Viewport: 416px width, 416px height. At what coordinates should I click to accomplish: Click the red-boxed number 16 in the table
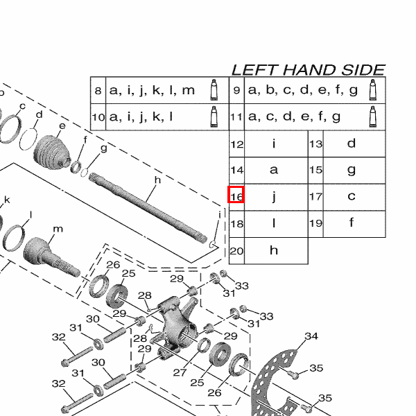[236, 196]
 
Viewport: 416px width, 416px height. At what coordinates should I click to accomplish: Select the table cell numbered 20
[236, 250]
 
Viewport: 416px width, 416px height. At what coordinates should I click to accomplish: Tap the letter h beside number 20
[274, 250]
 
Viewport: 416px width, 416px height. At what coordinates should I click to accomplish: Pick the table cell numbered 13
[315, 144]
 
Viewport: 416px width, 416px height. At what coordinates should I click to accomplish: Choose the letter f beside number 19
[352, 223]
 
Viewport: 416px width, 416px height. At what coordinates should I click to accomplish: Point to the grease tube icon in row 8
[214, 90]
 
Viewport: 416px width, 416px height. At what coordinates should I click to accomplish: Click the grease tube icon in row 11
[374, 116]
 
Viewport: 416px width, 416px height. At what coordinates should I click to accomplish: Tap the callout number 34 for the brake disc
[311, 337]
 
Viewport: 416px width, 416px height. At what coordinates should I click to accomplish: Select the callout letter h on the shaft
[157, 180]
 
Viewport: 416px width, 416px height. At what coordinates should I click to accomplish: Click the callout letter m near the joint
[58, 229]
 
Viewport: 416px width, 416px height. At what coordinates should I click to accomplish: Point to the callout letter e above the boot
[62, 125]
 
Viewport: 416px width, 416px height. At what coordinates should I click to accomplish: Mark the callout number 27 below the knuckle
[180, 372]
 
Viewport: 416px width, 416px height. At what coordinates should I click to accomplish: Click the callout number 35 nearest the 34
[316, 368]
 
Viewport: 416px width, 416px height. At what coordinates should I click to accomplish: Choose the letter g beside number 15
[352, 170]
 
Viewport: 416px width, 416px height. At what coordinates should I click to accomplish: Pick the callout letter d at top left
[39, 114]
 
